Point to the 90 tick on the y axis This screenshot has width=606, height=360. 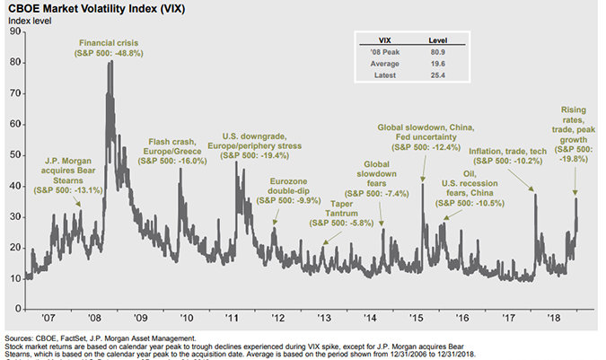click(14, 31)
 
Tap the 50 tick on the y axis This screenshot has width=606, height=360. click(14, 154)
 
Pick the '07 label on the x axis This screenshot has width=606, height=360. click(48, 318)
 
